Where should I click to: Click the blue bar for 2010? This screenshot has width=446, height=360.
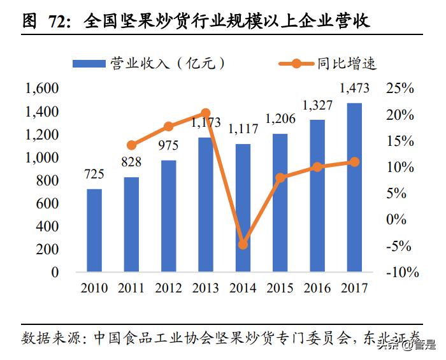click(x=94, y=230)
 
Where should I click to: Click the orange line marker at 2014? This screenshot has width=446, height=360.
click(x=243, y=245)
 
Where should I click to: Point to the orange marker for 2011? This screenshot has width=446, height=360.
click(x=132, y=145)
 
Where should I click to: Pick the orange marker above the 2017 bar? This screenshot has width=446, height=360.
click(x=354, y=162)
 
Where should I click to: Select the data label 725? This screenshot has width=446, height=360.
click(x=94, y=174)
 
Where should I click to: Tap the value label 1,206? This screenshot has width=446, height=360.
click(x=280, y=119)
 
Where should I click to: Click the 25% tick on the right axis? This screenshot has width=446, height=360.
click(x=399, y=89)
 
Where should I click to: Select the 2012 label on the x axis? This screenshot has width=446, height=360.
click(x=169, y=288)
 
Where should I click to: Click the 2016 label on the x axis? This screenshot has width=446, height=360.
click(x=317, y=288)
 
